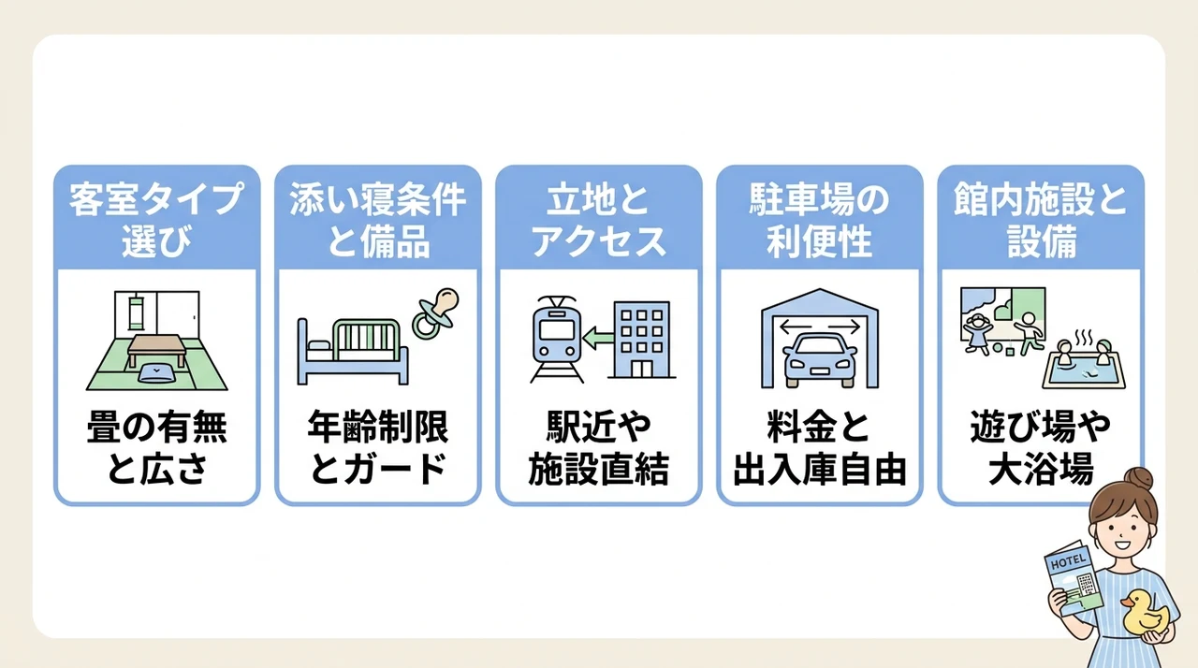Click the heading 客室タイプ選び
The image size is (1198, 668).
(x=156, y=220)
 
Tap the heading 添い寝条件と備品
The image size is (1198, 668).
(x=377, y=220)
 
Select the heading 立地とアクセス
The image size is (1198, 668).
(x=598, y=220)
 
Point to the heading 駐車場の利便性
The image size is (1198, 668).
(x=819, y=220)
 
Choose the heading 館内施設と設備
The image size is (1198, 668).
(x=1041, y=220)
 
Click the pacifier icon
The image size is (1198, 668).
(x=435, y=313)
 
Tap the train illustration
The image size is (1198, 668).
(x=557, y=340)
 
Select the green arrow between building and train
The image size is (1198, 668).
(x=598, y=338)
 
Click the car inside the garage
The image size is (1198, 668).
(x=819, y=359)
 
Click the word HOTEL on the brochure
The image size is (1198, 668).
(x=1068, y=561)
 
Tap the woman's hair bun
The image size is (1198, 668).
(x=1139, y=479)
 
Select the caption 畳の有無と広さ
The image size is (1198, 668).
(x=156, y=447)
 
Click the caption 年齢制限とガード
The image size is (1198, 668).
(x=377, y=447)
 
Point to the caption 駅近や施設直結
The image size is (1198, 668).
(x=598, y=447)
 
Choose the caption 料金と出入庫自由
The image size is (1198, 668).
(x=819, y=447)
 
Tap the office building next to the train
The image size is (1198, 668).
(x=642, y=340)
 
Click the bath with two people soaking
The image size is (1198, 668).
(x=1084, y=363)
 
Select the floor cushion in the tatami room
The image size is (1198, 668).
(x=156, y=373)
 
